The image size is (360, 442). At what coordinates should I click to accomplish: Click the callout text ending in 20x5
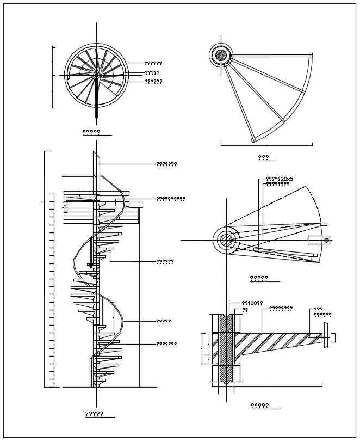click(x=279, y=179)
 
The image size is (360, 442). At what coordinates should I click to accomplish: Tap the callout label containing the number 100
click(x=252, y=303)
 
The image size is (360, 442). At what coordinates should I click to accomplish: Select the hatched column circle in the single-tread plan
click(x=221, y=54)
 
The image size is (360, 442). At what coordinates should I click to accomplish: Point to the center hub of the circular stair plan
click(x=96, y=76)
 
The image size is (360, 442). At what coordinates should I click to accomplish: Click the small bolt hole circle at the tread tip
click(x=326, y=240)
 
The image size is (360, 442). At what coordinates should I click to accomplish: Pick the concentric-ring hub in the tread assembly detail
click(x=227, y=240)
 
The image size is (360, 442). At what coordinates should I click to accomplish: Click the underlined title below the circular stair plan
click(x=91, y=132)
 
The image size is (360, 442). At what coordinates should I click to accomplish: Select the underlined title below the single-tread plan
click(x=264, y=158)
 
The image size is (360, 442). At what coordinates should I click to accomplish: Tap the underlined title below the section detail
click(x=259, y=406)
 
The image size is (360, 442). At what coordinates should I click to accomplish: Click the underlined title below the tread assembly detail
click(x=259, y=279)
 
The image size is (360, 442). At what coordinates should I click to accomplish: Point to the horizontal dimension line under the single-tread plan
click(x=266, y=145)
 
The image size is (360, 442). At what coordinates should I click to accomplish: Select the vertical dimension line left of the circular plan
click(x=53, y=76)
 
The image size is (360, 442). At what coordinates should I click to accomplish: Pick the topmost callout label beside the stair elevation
click(x=166, y=164)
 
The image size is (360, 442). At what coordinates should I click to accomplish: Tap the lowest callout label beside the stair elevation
click(x=166, y=344)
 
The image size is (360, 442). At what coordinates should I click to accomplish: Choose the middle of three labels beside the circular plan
click(x=152, y=72)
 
